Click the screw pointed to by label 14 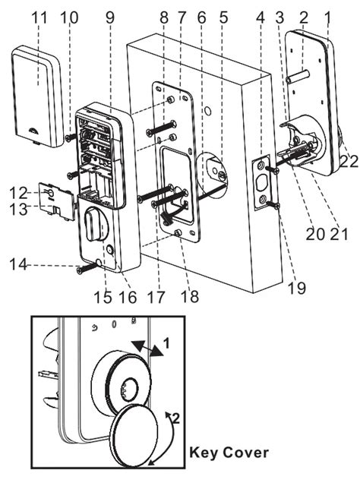coord(81,267)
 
